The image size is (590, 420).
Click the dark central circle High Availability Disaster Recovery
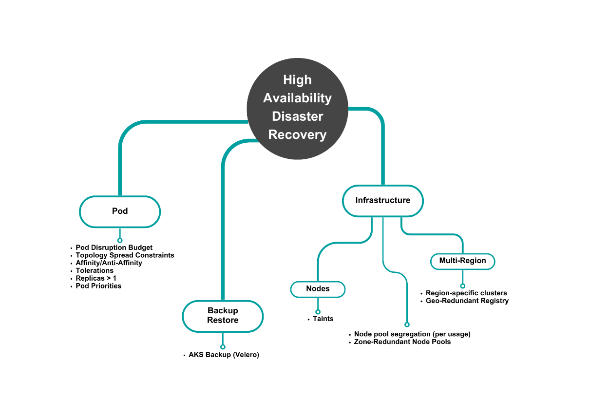(297, 108)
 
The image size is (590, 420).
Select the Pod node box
(120, 211)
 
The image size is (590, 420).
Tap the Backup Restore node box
(223, 316)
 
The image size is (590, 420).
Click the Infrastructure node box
(382, 200)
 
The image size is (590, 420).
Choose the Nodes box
(318, 289)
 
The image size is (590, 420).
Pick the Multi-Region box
(462, 261)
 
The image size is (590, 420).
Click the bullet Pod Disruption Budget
(114, 248)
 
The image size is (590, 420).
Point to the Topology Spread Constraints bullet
(125, 255)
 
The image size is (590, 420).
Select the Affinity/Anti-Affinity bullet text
(109, 263)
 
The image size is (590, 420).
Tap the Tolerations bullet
(95, 270)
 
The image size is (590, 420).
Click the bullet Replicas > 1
(96, 278)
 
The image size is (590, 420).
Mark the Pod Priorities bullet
(98, 286)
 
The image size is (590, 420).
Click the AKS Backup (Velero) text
(224, 355)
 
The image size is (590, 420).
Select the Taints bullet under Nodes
(323, 319)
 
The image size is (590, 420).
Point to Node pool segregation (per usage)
(412, 334)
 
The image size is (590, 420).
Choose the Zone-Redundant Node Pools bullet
(402, 342)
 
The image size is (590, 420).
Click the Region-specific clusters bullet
(466, 293)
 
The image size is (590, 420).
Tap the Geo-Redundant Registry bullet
(467, 301)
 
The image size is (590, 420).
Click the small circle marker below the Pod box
(120, 240)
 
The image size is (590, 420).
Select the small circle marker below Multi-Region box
(462, 286)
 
